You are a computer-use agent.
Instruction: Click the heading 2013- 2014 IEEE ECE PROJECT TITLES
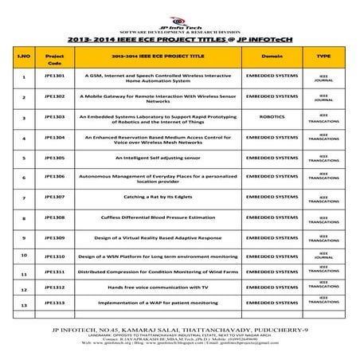[x=179, y=37]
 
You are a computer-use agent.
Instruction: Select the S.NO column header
[x=24, y=58]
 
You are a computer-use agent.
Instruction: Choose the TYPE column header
[x=323, y=58]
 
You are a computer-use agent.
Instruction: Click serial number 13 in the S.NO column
[x=24, y=306]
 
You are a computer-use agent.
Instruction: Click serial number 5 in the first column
[x=24, y=157]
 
